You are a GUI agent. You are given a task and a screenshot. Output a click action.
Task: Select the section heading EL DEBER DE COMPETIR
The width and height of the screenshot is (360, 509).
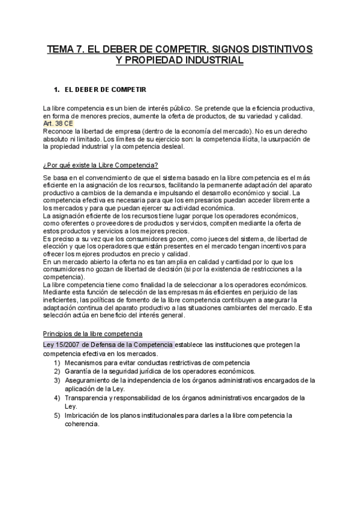(x=105, y=89)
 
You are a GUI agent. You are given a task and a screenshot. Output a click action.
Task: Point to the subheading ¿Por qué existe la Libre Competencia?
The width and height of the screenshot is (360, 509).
(x=101, y=165)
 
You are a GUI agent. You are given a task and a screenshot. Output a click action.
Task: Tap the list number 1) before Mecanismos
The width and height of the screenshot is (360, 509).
(x=57, y=363)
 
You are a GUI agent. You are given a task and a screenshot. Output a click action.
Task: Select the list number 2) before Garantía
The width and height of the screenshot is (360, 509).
(x=57, y=372)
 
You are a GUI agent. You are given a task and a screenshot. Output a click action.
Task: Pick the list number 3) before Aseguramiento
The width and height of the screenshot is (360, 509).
(x=57, y=380)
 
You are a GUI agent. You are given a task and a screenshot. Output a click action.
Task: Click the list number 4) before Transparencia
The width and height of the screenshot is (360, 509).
(x=57, y=397)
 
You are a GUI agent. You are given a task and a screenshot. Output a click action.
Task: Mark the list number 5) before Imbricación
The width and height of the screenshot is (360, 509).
(x=57, y=415)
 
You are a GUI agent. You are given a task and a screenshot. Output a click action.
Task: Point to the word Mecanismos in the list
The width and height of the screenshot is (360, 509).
(x=85, y=363)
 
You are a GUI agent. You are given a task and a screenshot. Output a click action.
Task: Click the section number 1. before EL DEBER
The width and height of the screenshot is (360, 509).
(x=57, y=89)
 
